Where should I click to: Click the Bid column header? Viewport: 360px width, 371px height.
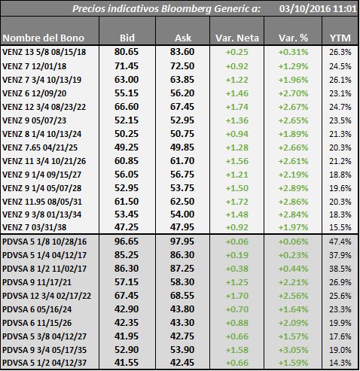[127, 38]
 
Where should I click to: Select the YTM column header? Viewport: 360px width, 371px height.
[340, 38]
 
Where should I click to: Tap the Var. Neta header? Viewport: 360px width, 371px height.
[236, 38]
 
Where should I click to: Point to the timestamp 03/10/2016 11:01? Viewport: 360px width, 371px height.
[318, 9]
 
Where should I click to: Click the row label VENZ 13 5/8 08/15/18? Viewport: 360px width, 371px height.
[44, 52]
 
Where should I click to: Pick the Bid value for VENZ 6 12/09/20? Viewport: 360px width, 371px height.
[127, 93]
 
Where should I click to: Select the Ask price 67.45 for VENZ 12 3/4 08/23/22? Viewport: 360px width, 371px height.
[182, 107]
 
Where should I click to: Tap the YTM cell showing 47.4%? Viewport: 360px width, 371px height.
[340, 242]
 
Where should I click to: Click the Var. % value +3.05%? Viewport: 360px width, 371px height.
[293, 350]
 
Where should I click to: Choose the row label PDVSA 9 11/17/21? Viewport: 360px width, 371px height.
[37, 282]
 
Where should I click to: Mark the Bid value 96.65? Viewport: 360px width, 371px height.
[127, 242]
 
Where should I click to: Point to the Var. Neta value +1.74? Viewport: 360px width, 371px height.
[236, 107]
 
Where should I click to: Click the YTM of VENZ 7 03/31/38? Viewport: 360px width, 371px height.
[340, 227]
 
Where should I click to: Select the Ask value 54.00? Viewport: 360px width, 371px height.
[182, 214]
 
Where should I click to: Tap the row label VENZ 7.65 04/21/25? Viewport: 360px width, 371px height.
[40, 147]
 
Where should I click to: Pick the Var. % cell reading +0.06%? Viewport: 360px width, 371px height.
[293, 242]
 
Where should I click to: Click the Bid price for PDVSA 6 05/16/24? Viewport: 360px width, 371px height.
[127, 309]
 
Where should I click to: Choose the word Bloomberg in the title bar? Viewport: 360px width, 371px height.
[187, 9]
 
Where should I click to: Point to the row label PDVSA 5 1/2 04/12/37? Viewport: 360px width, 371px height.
[44, 363]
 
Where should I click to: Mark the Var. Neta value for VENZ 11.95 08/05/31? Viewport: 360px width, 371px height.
[236, 202]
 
